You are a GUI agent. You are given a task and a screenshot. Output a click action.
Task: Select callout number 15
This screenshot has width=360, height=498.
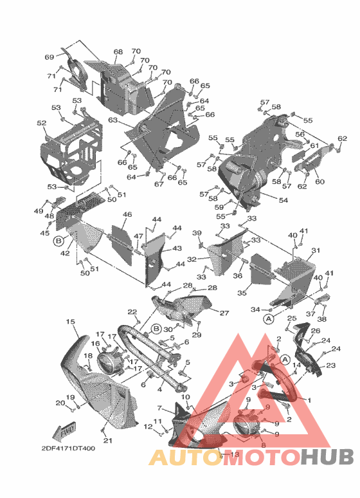click(x=70, y=321)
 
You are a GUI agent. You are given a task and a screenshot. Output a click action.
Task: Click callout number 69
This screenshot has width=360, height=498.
click(x=49, y=58)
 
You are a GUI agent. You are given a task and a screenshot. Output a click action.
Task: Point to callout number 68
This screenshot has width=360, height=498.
click(x=118, y=52)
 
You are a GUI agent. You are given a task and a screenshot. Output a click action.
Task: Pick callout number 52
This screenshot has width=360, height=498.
click(x=41, y=123)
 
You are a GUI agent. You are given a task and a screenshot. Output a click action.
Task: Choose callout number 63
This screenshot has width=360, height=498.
click(x=113, y=120)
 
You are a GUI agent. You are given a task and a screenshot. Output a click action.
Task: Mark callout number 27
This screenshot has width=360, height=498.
click(x=224, y=313)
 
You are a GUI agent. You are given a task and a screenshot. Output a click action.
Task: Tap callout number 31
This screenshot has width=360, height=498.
click(x=315, y=250)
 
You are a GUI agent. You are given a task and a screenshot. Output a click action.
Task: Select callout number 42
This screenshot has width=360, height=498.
click(x=65, y=254)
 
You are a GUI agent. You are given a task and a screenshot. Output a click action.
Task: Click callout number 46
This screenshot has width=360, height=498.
click(x=127, y=214)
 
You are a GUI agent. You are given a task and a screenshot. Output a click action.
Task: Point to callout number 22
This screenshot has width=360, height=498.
click(x=132, y=312)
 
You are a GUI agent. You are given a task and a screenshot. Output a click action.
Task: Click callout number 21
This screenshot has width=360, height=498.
click(x=108, y=440)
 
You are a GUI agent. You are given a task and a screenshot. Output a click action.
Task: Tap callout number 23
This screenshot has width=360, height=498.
click(x=331, y=365)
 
